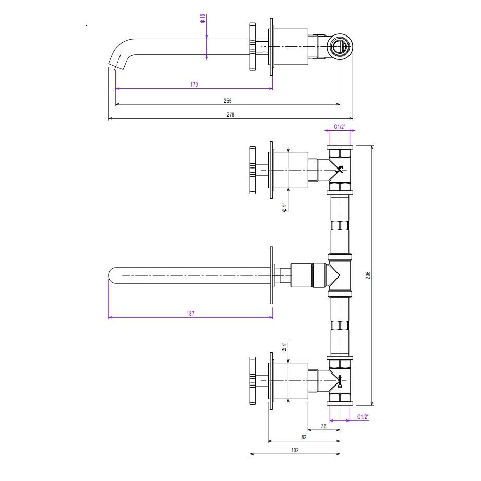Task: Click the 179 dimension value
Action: tap(194, 85)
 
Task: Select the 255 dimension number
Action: tap(227, 101)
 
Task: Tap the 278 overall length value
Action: tap(231, 115)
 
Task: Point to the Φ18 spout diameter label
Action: tap(202, 18)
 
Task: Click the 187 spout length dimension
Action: tap(190, 314)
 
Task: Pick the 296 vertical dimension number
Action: tap(368, 275)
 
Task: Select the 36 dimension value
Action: tap(323, 426)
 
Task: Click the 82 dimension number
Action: tap(304, 438)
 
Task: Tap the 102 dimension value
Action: tap(295, 450)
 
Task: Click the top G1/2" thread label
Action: tap(340, 127)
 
